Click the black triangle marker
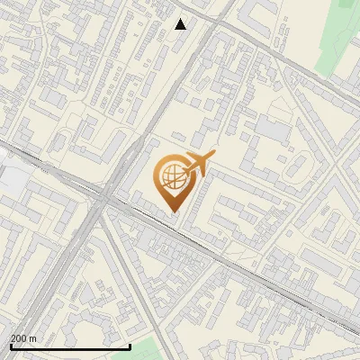(x=181, y=24)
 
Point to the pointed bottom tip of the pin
(x=173, y=211)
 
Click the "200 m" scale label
(x=23, y=338)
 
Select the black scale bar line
(x=70, y=346)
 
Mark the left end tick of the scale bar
(x=11, y=345)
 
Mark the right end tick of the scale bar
(x=130, y=345)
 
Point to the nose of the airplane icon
(x=212, y=157)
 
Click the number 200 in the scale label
(x=19, y=338)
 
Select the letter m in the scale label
(x=33, y=338)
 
